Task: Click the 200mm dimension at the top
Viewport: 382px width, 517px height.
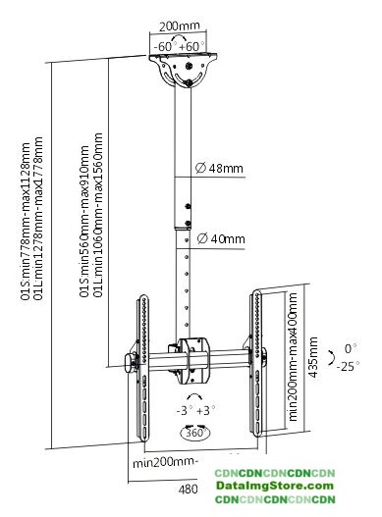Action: tap(180, 26)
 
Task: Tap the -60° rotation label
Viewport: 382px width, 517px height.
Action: tap(165, 46)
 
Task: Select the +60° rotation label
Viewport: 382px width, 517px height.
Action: tap(191, 46)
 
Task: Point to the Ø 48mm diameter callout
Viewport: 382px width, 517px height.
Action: tap(219, 168)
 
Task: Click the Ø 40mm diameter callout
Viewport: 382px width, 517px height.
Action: tap(221, 238)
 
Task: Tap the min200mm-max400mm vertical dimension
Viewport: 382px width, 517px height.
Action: tap(293, 357)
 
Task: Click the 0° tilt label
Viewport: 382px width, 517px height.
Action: tap(351, 348)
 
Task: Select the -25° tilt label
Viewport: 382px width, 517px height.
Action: tap(348, 366)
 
